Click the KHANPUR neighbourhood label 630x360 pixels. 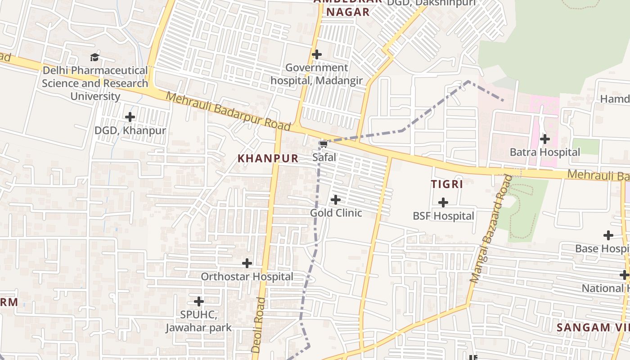[x=268, y=158]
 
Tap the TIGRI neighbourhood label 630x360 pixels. [x=447, y=184]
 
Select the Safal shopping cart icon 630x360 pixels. [x=323, y=144]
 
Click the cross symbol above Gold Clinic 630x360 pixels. [x=336, y=199]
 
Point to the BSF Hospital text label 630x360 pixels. [x=443, y=216]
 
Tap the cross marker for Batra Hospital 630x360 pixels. [x=545, y=139]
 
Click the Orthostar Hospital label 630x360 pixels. [x=247, y=276]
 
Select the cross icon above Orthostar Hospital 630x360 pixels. [x=247, y=263]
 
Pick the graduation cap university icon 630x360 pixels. [x=94, y=57]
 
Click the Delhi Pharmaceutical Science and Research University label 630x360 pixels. [x=95, y=83]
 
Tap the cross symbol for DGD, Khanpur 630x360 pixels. [x=130, y=117]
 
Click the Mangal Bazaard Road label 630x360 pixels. [x=491, y=229]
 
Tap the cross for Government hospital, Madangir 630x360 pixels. [x=317, y=54]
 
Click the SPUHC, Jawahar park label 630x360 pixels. [x=198, y=321]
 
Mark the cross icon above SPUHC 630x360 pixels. [x=199, y=301]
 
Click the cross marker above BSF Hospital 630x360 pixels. [x=443, y=202]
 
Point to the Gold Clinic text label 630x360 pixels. [x=336, y=212]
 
